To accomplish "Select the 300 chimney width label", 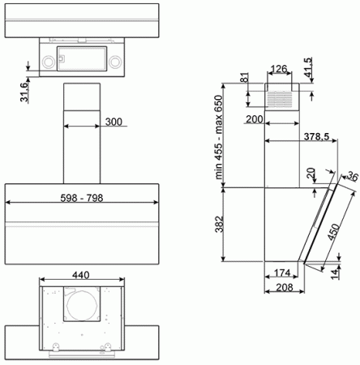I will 113,122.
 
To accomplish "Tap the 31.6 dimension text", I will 24,91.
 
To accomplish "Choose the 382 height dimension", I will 229,225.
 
